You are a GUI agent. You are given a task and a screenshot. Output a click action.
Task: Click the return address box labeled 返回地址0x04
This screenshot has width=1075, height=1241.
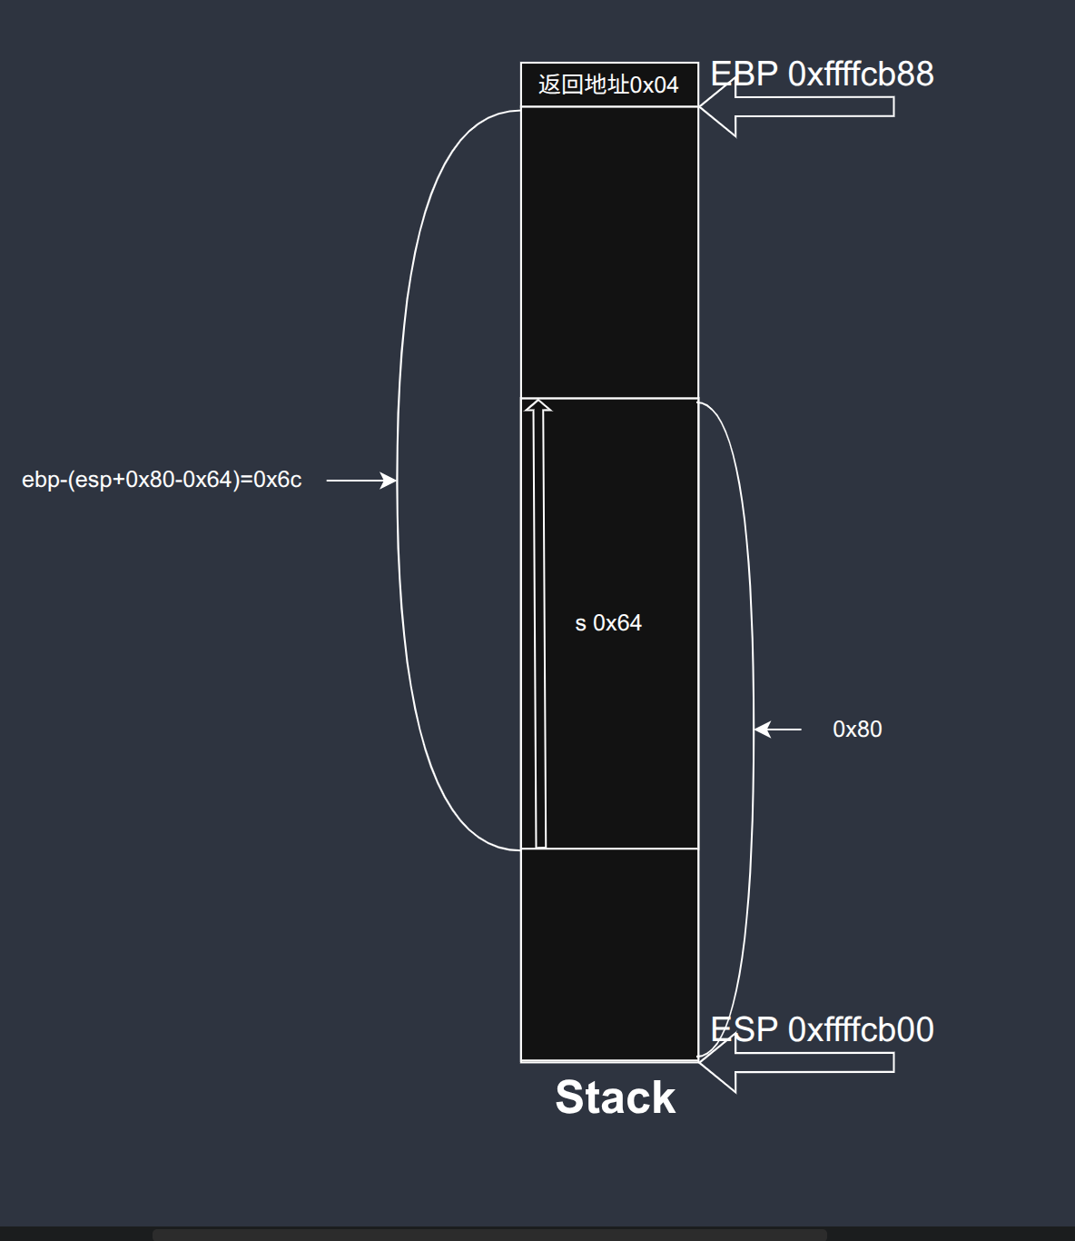[x=609, y=84]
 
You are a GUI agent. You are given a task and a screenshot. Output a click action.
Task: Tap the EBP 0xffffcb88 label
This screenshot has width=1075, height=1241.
[x=822, y=74]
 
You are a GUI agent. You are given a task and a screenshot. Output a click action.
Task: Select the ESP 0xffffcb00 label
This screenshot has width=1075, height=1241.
[x=822, y=1029]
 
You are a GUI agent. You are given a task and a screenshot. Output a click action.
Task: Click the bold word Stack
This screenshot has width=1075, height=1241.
[x=615, y=1097]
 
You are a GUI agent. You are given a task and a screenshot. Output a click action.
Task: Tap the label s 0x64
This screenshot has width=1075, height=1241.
[x=608, y=623]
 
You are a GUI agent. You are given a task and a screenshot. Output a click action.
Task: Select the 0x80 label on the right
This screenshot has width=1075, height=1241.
[x=857, y=730]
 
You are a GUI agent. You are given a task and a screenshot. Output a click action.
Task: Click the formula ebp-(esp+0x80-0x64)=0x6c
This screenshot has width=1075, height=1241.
[x=162, y=480]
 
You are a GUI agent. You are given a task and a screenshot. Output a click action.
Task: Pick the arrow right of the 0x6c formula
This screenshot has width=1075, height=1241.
[x=360, y=480]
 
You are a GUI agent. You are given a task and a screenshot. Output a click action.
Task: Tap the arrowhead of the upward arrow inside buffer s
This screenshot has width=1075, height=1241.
[x=538, y=405]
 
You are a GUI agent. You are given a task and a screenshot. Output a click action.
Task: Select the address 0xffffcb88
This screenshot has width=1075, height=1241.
[x=861, y=74]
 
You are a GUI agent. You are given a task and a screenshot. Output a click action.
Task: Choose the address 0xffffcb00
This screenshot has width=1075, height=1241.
[x=861, y=1029]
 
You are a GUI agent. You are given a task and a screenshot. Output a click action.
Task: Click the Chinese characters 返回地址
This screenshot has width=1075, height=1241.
[x=583, y=84]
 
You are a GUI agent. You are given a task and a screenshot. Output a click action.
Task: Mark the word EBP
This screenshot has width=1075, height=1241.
[x=744, y=74]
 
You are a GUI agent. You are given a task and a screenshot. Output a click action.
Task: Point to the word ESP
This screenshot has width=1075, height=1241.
[x=744, y=1029]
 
